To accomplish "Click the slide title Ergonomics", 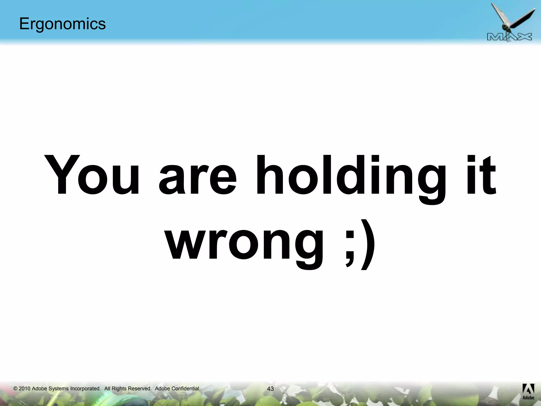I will click(62, 24).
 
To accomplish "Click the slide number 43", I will click(270, 389).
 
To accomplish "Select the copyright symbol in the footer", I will click(15, 389).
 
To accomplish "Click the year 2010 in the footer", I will click(24, 389).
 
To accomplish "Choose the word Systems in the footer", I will click(58, 389).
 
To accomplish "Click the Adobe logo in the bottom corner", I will click(528, 391).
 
